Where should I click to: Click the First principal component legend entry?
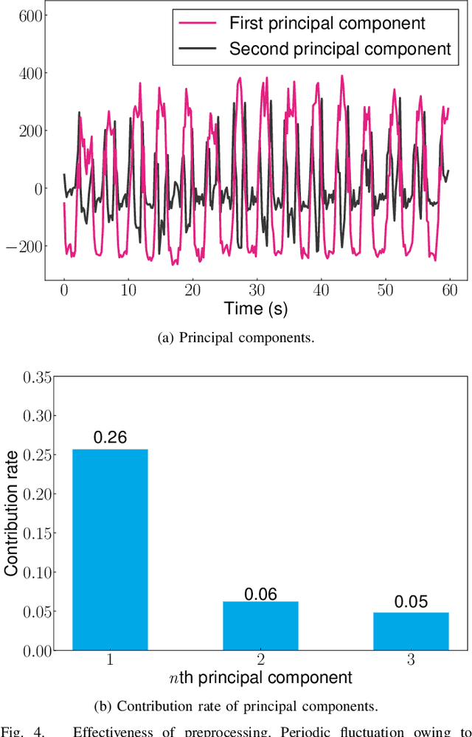pos(327,24)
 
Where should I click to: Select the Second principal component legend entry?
pos(339,49)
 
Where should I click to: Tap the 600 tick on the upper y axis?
pos(29,15)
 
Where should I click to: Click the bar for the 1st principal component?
pos(110,550)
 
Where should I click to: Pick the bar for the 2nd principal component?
pos(260,626)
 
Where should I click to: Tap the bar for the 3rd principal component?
pos(411,631)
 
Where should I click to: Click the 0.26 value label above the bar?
pos(110,437)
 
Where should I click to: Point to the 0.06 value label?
pos(260,593)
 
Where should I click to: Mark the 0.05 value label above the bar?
pos(411,602)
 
